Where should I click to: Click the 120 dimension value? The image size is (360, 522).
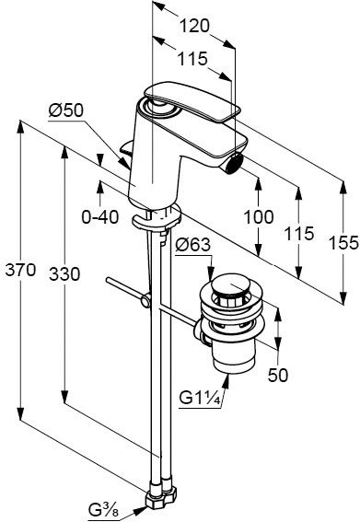[194, 26]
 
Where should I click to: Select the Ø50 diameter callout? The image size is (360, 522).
[66, 110]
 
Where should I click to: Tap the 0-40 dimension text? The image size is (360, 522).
[100, 217]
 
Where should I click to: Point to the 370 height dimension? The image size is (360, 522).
[20, 270]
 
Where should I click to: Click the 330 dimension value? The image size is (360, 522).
[64, 274]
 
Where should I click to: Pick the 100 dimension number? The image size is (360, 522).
[259, 217]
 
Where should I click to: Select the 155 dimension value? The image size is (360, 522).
[343, 242]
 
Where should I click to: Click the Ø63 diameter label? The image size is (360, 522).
[193, 245]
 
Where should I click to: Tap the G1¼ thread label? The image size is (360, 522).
[200, 398]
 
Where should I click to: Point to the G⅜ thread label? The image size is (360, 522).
[103, 510]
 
